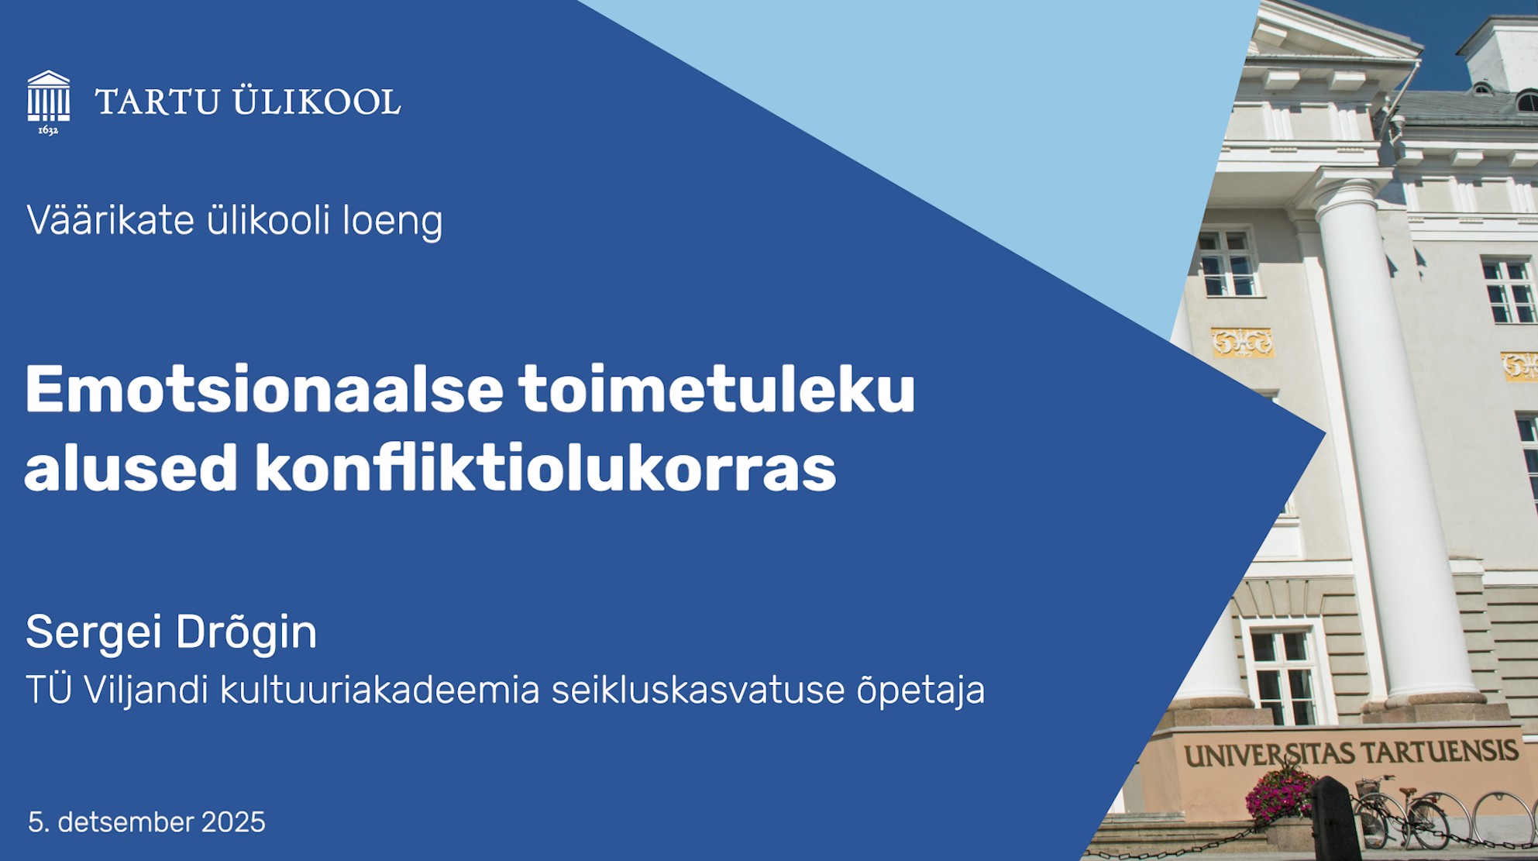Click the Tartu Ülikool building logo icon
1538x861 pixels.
point(49,96)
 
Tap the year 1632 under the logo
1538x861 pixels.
point(48,130)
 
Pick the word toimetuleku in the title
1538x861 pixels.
point(717,389)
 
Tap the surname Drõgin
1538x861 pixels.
point(246,632)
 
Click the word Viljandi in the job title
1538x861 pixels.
point(146,690)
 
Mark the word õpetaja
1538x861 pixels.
point(920,691)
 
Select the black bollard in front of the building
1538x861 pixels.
point(1335,818)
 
